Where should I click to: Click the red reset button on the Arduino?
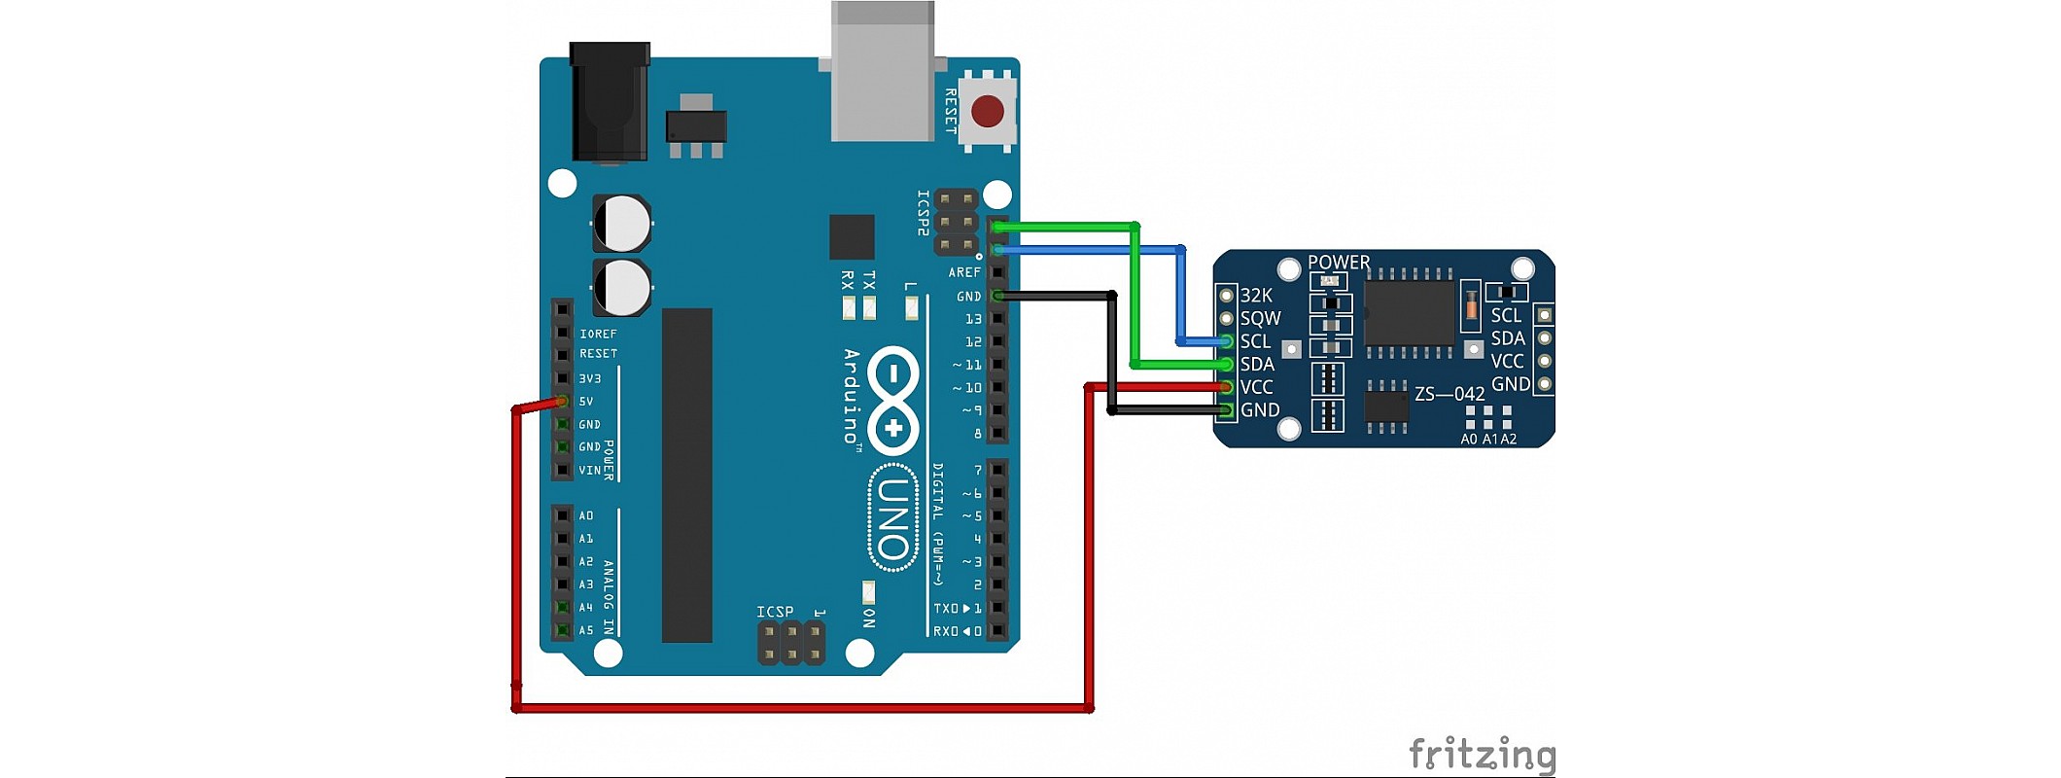click(x=988, y=111)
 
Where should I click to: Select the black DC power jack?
click(x=610, y=101)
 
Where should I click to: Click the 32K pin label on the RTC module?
click(x=1256, y=296)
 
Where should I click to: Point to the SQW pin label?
click(x=1260, y=318)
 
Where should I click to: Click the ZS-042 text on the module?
click(x=1450, y=394)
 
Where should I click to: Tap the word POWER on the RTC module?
click(x=1339, y=263)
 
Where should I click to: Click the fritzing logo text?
click(x=1482, y=755)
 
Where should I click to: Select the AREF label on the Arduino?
click(x=964, y=273)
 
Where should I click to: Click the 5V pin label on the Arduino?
click(x=586, y=402)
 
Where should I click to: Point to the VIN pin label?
click(x=589, y=471)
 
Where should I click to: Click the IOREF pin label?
click(x=598, y=334)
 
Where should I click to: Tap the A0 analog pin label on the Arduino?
click(x=586, y=515)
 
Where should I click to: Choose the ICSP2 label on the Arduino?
click(x=924, y=213)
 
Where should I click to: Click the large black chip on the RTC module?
click(x=1409, y=313)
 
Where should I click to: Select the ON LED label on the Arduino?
click(x=869, y=618)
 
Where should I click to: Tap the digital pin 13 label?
click(x=973, y=319)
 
